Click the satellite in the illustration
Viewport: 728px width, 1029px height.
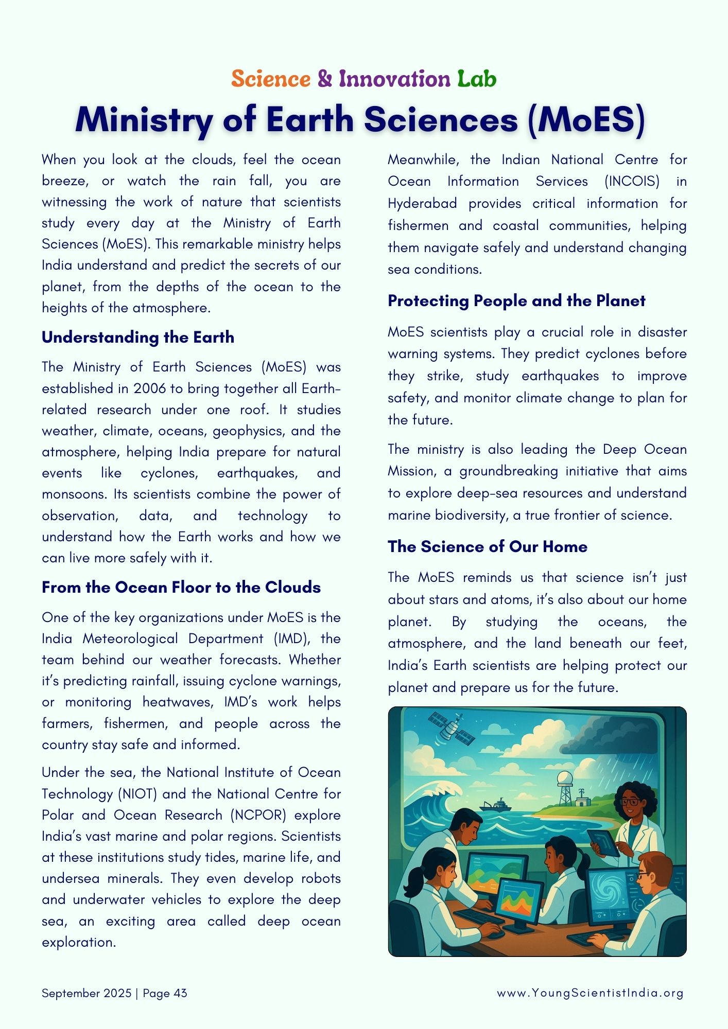pos(452,729)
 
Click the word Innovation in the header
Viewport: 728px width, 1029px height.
pos(394,79)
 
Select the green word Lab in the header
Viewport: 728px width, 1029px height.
pos(477,79)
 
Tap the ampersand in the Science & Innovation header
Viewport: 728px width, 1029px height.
pos(324,79)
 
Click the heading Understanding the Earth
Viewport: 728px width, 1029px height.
pos(138,338)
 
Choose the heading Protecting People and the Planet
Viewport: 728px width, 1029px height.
pos(516,301)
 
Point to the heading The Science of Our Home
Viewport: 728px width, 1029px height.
pos(488,546)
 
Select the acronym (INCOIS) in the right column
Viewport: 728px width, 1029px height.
pos(632,182)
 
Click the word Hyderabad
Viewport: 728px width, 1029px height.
pos(422,204)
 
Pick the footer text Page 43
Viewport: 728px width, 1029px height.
pos(165,993)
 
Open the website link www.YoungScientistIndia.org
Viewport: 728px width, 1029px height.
pos(590,993)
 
